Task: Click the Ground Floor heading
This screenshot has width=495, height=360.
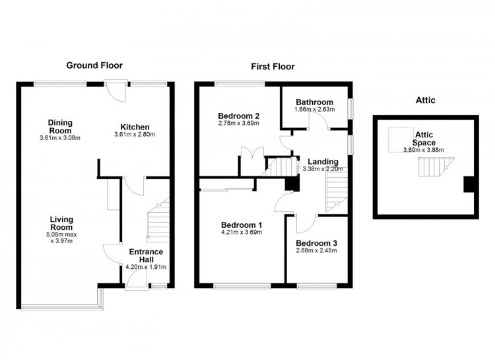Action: [94, 65]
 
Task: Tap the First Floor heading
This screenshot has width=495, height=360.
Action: [273, 67]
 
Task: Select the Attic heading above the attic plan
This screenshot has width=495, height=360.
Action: [425, 100]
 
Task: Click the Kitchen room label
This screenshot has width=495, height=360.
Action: [135, 127]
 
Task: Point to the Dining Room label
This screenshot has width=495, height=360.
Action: [60, 126]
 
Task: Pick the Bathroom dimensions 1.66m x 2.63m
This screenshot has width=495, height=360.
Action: [314, 110]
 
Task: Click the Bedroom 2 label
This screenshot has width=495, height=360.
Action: [239, 116]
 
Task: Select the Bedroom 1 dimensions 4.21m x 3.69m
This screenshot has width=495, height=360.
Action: [242, 233]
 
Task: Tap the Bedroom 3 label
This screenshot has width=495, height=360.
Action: [316, 243]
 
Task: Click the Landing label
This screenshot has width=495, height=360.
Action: [323, 162]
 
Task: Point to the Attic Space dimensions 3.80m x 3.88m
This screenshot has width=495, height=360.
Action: [423, 150]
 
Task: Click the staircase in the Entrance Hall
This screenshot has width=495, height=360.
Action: [158, 220]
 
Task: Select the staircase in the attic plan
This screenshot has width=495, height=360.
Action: [436, 167]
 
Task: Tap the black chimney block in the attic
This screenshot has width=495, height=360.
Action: [469, 184]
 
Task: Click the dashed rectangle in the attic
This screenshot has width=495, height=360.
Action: [401, 139]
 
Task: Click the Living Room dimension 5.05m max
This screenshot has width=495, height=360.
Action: [61, 235]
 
